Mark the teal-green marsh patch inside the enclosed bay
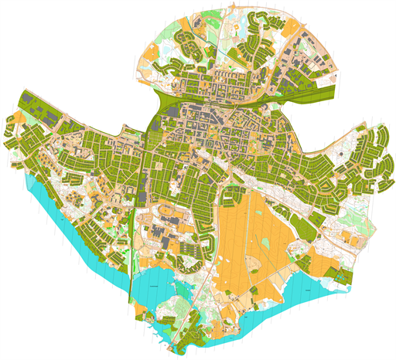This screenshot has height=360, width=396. [x=179, y=287]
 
